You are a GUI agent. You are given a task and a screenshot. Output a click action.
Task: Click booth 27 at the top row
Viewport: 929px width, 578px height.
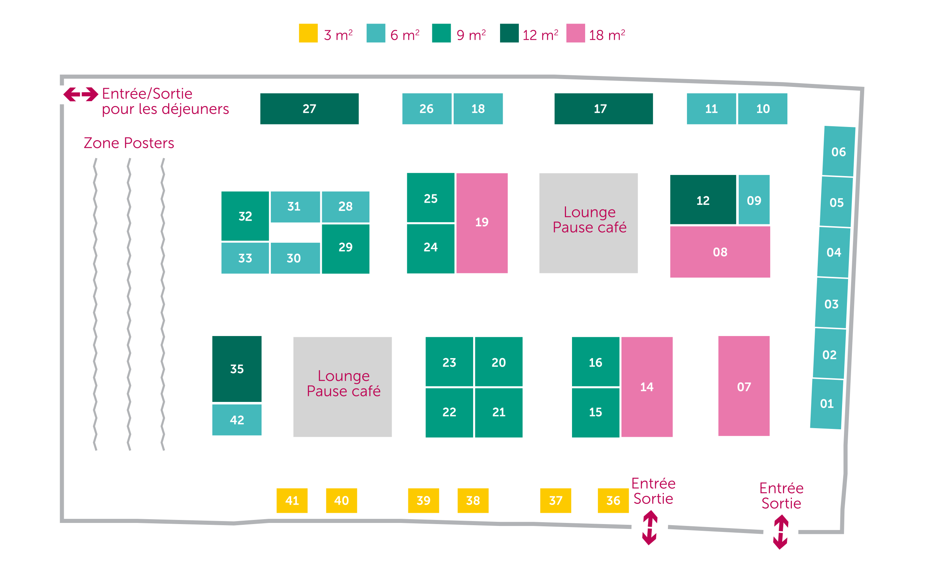[309, 109]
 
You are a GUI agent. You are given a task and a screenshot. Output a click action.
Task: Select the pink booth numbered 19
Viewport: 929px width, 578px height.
[482, 223]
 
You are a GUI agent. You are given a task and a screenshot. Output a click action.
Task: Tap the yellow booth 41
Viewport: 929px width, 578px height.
[292, 500]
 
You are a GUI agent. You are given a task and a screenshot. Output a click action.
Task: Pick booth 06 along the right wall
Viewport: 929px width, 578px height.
[839, 151]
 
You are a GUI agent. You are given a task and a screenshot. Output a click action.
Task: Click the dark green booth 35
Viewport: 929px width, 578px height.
[237, 369]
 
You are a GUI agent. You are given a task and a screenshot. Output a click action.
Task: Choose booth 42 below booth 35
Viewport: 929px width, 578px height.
[237, 420]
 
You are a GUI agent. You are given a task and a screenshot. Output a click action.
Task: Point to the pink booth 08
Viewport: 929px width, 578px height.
[720, 252]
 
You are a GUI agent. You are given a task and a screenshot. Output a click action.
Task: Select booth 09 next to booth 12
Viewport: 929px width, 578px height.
[754, 200]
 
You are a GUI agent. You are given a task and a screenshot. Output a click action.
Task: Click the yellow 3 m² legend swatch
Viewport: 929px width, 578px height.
[308, 33]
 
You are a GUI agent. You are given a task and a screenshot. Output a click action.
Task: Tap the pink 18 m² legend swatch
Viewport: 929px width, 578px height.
[575, 33]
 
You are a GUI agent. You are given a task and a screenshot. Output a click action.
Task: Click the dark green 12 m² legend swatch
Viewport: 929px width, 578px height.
[509, 33]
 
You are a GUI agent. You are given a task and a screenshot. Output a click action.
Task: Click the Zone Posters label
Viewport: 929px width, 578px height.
[129, 143]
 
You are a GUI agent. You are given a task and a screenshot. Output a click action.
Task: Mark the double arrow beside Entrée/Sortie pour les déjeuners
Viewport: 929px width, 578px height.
[81, 94]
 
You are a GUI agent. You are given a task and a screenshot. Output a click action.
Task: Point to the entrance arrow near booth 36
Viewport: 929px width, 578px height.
[650, 528]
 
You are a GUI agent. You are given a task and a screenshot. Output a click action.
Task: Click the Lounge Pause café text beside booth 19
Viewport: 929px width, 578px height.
[590, 220]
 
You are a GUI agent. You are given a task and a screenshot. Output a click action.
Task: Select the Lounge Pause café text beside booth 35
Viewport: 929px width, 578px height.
[343, 384]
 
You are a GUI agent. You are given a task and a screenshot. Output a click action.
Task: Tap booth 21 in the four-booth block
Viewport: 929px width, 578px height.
[499, 412]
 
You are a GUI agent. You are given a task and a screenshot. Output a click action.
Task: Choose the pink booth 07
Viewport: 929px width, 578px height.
[744, 386]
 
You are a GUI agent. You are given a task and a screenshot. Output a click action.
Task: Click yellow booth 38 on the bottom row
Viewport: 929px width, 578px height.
[473, 500]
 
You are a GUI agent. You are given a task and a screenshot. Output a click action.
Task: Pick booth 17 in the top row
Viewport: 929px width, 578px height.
[603, 109]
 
